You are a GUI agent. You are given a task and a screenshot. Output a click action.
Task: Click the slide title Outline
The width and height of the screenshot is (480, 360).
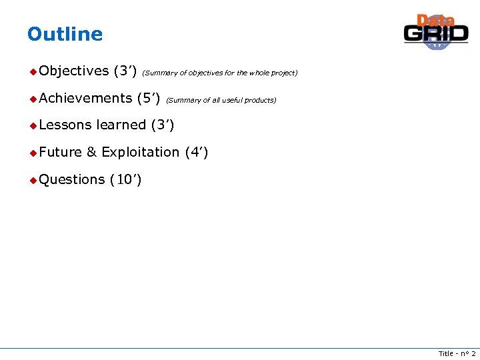(65, 34)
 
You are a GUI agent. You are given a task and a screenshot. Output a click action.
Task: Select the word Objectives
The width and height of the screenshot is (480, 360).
(73, 71)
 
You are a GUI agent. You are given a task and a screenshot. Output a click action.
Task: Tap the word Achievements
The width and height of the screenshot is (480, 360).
(85, 98)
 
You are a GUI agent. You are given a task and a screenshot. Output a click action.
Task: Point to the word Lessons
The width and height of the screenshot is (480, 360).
(65, 125)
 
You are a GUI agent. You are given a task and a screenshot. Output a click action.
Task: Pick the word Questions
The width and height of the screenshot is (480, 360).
(71, 179)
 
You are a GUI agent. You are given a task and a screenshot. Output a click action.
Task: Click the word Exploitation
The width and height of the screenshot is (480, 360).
(140, 152)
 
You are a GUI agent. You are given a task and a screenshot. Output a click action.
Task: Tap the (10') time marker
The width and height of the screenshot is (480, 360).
(125, 179)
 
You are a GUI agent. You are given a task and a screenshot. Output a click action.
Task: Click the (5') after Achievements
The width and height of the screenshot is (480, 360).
(148, 98)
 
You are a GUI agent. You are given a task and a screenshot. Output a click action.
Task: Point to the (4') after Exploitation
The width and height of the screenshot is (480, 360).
(197, 152)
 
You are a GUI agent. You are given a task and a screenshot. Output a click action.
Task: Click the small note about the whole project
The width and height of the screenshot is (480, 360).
(220, 73)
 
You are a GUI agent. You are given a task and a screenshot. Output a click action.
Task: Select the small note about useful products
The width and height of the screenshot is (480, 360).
(221, 100)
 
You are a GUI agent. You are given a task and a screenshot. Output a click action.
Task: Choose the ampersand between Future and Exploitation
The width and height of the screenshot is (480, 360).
(92, 152)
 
